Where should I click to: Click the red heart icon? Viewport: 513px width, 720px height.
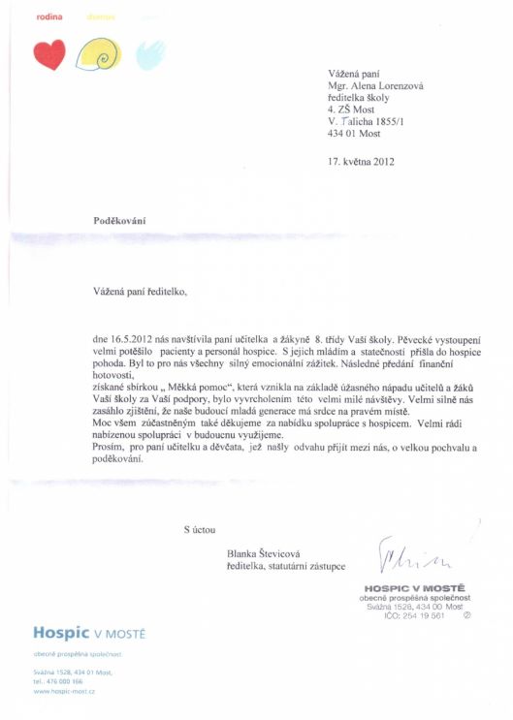[48, 54]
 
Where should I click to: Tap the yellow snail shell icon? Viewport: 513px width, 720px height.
[98, 54]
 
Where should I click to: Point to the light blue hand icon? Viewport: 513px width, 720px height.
[149, 54]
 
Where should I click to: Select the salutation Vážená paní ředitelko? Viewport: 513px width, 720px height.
[138, 289]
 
